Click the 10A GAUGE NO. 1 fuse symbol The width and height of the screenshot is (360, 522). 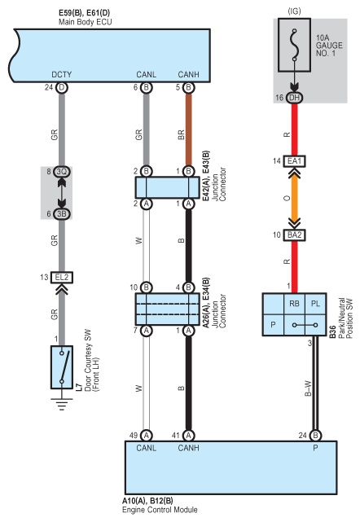[294, 45]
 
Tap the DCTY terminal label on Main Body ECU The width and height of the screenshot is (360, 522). [62, 74]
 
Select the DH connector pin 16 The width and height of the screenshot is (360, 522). [294, 98]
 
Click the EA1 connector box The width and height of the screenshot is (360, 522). [294, 161]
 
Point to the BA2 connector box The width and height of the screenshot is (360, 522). [294, 235]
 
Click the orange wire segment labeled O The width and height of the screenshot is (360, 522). [294, 198]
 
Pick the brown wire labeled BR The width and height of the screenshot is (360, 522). [188, 129]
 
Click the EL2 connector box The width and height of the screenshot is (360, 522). [62, 278]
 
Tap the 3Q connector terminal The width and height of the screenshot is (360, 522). [62, 172]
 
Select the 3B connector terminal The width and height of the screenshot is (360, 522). [62, 213]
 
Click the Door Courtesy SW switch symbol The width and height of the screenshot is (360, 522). [62, 367]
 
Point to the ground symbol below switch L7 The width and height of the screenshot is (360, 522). [61, 404]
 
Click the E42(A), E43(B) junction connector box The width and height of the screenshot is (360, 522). [167, 187]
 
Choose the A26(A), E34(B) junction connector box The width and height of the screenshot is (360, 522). [167, 309]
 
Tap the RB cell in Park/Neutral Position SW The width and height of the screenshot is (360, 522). [294, 304]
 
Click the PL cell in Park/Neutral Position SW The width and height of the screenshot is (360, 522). [315, 304]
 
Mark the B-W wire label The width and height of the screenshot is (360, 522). [308, 388]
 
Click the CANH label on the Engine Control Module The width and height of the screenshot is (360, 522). [188, 448]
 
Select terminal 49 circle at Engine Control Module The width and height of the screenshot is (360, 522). [146, 436]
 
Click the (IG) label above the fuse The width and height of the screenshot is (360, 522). [294, 11]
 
